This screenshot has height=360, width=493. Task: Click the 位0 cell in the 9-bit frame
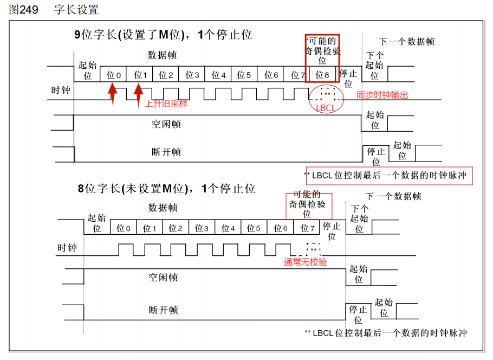tap(114, 75)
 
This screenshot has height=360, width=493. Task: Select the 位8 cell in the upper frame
tap(322, 75)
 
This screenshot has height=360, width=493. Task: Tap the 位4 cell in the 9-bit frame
tap(219, 75)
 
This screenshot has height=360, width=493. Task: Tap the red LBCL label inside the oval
tap(326, 107)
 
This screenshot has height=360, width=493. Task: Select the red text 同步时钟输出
tap(382, 95)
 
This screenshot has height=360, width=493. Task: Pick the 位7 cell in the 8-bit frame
tap(307, 228)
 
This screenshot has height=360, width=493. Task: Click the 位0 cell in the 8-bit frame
tap(124, 228)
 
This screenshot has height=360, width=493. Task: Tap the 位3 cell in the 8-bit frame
tap(202, 228)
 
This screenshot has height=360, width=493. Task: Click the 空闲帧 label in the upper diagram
tap(166, 124)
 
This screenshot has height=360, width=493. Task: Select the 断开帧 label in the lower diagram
tap(164, 310)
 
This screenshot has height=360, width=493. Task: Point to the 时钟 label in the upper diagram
tap(61, 91)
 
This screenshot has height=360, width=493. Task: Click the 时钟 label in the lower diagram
tap(67, 248)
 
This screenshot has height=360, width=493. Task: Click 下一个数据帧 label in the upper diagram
tap(406, 42)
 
